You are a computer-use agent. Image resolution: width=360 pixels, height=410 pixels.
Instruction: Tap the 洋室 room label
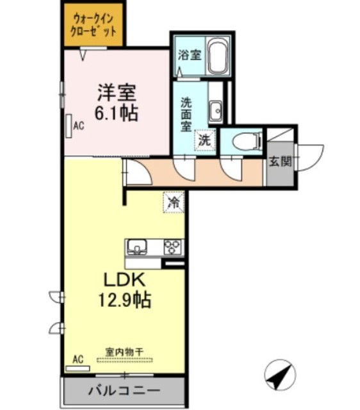(117, 92)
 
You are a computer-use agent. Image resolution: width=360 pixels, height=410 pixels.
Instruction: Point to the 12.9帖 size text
(126, 299)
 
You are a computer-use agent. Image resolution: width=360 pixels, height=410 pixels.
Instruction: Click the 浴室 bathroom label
(189, 54)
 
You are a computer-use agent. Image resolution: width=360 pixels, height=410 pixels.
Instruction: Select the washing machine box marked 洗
(204, 139)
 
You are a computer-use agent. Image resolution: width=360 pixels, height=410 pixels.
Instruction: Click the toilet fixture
(244, 139)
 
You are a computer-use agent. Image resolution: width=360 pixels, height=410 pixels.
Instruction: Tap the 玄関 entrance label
(278, 162)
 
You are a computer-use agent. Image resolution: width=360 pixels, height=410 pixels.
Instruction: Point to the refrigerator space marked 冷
(173, 202)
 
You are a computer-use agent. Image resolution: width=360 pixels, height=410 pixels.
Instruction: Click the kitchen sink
(139, 247)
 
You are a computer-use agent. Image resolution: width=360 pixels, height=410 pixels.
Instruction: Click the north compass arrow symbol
(281, 373)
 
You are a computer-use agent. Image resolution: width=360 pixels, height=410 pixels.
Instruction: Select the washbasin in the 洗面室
(215, 110)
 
